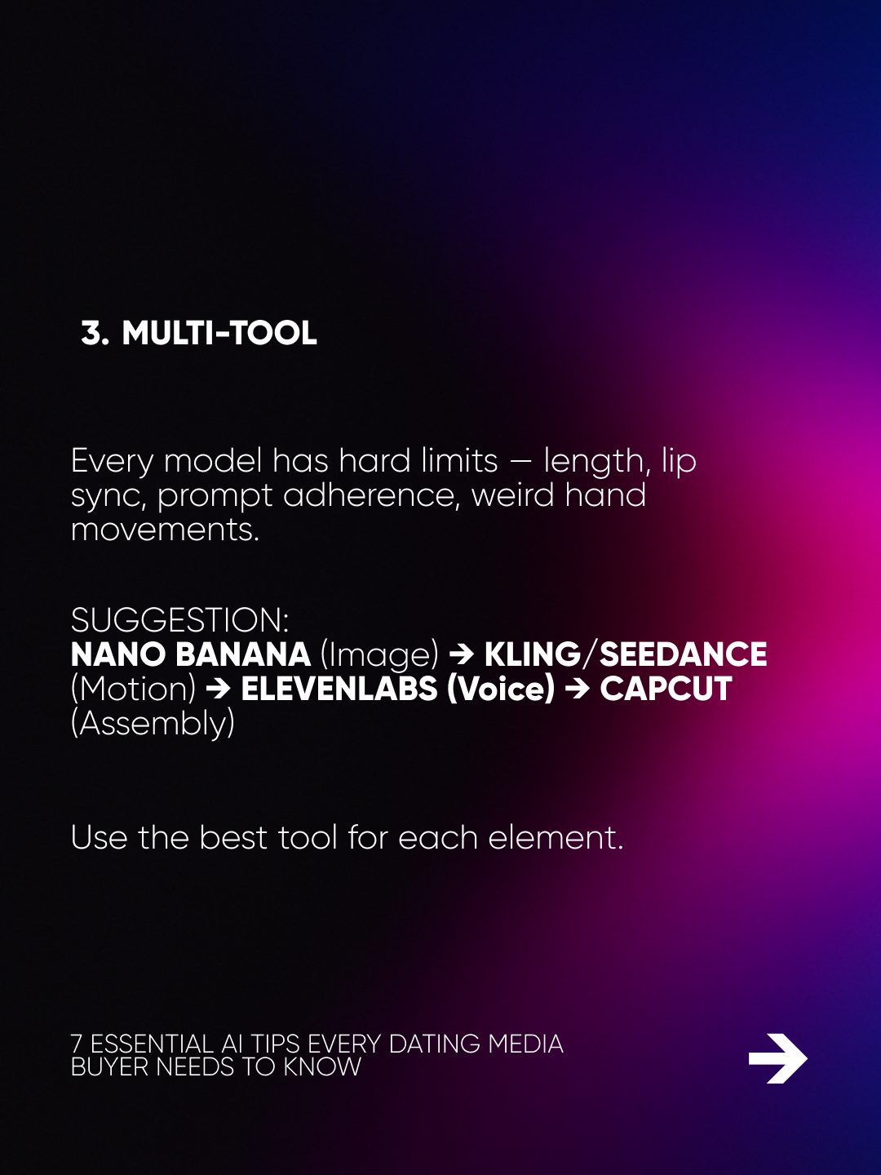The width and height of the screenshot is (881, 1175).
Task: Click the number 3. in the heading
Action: [x=95, y=333]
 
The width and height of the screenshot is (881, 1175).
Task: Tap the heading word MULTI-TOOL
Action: [x=219, y=333]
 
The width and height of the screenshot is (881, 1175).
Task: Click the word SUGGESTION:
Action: [x=179, y=620]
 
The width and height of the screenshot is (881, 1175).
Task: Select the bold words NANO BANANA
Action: [x=190, y=654]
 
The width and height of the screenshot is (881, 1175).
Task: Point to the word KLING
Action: [x=532, y=654]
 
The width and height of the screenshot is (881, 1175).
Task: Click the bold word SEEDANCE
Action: [x=683, y=654]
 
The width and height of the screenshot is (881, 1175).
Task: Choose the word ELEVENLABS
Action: [x=339, y=689]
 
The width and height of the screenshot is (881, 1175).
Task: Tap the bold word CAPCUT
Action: [x=666, y=689]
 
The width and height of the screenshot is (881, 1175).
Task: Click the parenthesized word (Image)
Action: [x=379, y=655]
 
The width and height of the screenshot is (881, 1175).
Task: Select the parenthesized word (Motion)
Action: [x=133, y=689]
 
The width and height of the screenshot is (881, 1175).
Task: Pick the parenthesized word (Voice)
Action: [x=501, y=689]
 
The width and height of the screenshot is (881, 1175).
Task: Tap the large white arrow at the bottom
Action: [x=777, y=1058]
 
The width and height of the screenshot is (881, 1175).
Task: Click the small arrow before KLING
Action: [x=462, y=655]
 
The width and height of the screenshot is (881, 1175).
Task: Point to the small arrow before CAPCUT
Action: [x=578, y=689]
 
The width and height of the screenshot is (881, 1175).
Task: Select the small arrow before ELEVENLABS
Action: [x=219, y=689]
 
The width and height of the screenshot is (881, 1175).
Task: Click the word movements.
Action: [x=165, y=530]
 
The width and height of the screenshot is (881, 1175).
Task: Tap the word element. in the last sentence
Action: [x=556, y=837]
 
